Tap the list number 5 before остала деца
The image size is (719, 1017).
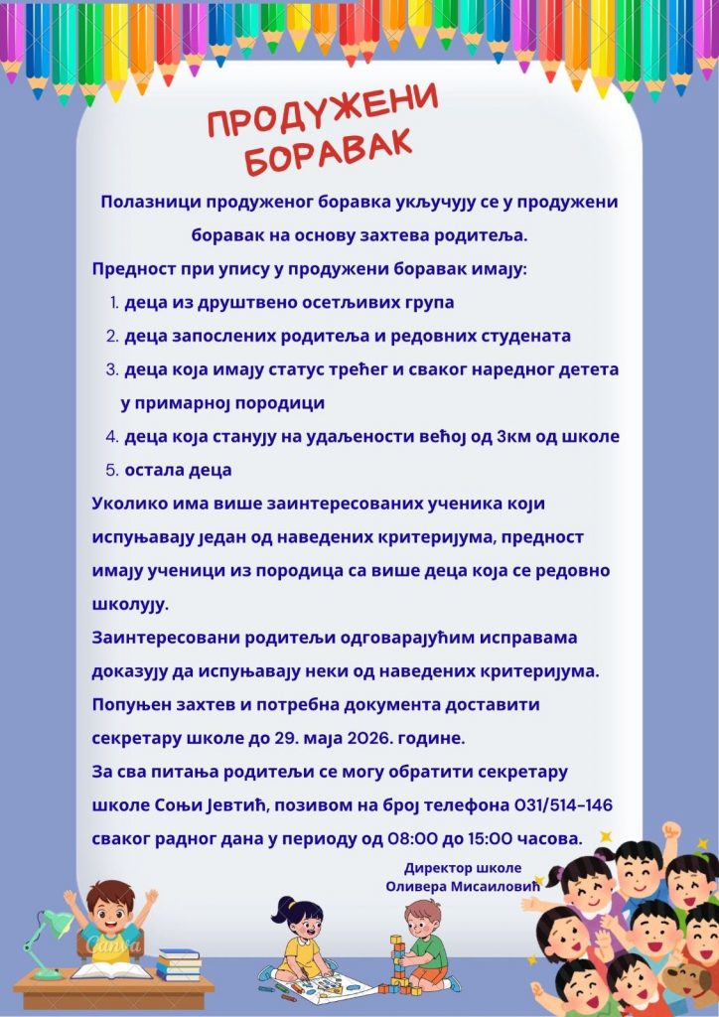coord(112,469)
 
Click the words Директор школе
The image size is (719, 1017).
coord(462,866)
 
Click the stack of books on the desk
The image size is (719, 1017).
coord(179,962)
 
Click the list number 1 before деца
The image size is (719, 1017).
coord(113,302)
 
